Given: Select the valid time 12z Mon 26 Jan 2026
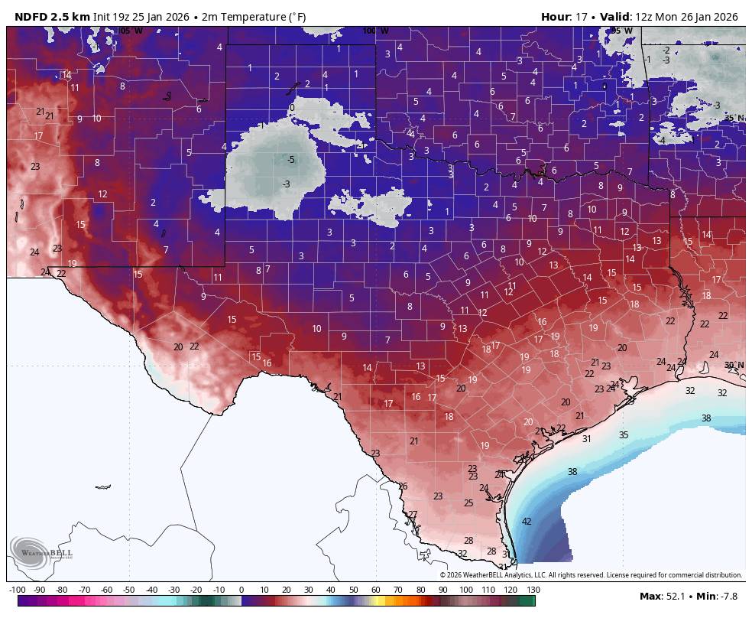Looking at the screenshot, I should tap(686, 17).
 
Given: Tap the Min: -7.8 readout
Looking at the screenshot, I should tap(718, 596).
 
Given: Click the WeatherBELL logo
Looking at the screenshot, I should tap(41, 554).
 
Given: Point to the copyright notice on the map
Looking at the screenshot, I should tap(591, 575).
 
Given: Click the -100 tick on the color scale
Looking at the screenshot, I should tap(17, 590).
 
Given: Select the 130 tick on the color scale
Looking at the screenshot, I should tap(533, 590).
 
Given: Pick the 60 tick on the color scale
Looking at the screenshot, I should tap(376, 590).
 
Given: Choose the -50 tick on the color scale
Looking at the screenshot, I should tap(129, 590).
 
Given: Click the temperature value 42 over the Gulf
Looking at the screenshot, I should tap(527, 522).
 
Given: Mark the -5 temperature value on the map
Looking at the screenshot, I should tap(290, 160).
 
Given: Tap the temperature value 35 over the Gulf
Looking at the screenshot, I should tap(624, 435).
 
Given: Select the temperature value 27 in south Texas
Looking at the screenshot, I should tap(413, 515).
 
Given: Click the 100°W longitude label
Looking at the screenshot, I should tap(375, 31).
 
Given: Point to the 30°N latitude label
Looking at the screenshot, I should tap(734, 366).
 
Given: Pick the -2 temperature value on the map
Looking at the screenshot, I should tap(666, 50).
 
